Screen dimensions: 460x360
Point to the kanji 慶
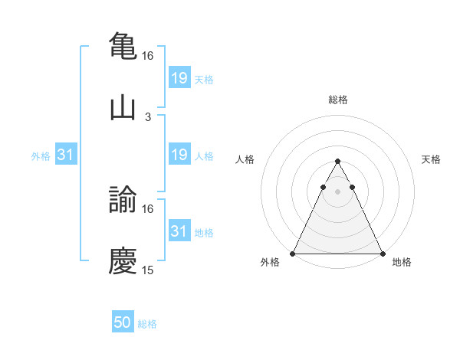click(x=123, y=260)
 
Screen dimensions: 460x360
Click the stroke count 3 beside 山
click(x=148, y=116)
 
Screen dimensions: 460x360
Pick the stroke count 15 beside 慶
click(x=148, y=270)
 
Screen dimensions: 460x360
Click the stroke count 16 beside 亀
click(x=148, y=56)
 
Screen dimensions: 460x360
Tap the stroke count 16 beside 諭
click(x=148, y=208)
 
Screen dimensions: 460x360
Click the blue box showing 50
click(x=123, y=322)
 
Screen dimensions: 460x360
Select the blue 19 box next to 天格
click(x=179, y=77)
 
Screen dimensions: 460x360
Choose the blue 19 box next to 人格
click(x=179, y=155)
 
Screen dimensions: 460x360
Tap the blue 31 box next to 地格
click(x=179, y=231)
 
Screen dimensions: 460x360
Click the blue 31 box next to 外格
click(x=66, y=155)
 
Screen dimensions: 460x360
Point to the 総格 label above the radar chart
click(x=337, y=100)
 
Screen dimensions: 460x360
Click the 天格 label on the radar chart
click(x=432, y=159)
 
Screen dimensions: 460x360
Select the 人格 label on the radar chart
click(x=245, y=159)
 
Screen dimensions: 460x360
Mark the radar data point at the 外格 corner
click(x=293, y=253)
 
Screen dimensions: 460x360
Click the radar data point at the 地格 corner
click(x=383, y=253)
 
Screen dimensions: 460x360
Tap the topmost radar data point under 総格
click(x=337, y=161)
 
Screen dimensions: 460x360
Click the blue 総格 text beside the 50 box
click(x=147, y=324)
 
